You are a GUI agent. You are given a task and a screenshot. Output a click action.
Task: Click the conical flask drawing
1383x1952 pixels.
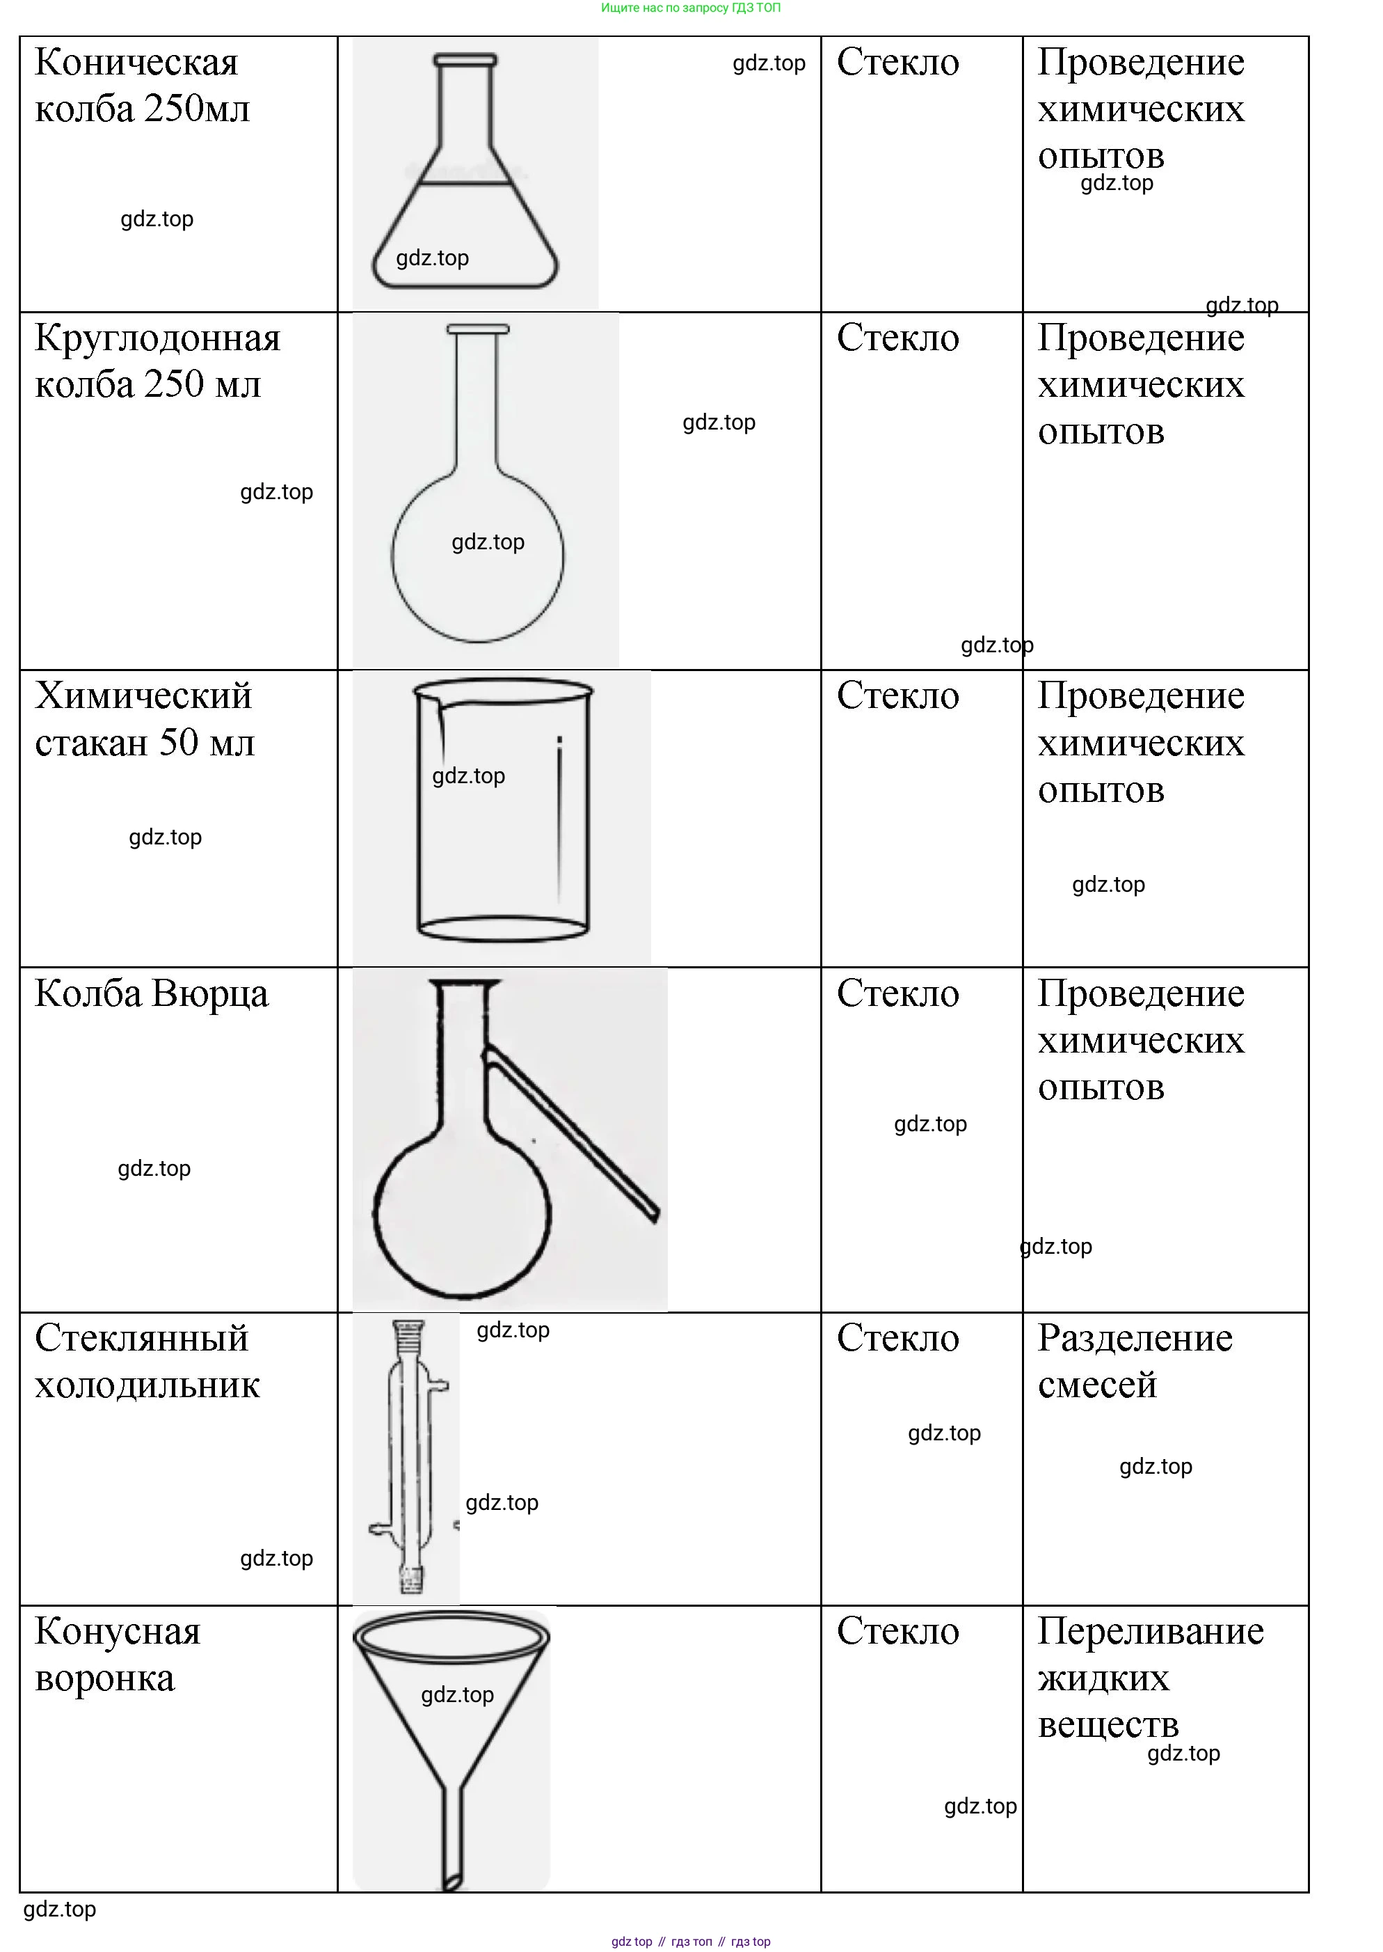[465, 171]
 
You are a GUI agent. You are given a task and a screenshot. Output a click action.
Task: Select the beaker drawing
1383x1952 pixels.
[502, 810]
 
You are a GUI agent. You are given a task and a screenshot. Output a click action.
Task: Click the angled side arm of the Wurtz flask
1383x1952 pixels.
[570, 1133]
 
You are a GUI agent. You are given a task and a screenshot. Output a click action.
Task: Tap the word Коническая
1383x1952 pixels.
[136, 62]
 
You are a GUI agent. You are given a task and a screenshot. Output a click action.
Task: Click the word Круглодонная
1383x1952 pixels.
[157, 338]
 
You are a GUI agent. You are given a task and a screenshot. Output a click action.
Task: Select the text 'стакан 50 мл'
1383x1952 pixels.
[145, 743]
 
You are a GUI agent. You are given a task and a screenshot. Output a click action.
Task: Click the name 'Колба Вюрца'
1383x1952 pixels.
[152, 994]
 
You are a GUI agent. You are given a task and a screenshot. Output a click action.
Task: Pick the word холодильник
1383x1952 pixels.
[147, 1385]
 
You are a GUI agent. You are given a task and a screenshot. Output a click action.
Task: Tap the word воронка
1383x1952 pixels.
[105, 1679]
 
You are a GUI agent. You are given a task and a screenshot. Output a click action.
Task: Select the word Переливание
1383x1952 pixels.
[1151, 1632]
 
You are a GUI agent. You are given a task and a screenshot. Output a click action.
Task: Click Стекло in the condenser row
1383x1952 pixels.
[897, 1339]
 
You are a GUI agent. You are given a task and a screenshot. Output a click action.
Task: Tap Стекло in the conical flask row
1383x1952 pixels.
[897, 62]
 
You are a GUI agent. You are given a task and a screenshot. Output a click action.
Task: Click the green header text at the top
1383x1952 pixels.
[691, 8]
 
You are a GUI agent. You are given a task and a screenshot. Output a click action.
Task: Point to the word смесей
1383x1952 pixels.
[1097, 1385]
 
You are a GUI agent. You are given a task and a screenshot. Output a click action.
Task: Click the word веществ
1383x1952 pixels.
[1108, 1725]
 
